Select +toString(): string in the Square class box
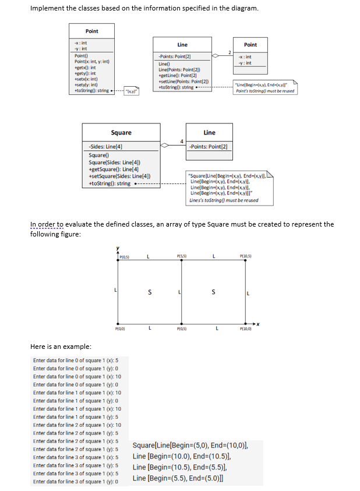coord(110,183)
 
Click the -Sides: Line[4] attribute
coord(105,146)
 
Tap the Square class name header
coord(121,133)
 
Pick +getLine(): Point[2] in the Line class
coord(176,76)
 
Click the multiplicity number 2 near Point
coord(230,52)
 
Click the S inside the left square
coord(150,293)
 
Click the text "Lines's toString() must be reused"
coord(224,201)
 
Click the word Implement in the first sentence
coord(44,8)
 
